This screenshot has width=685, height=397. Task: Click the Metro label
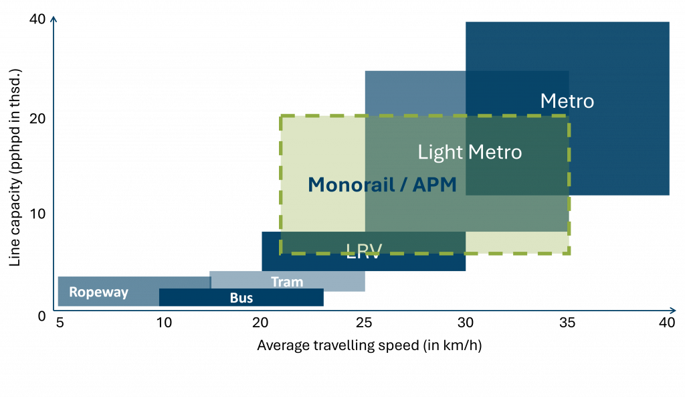tap(567, 101)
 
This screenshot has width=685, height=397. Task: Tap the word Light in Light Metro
tap(439, 152)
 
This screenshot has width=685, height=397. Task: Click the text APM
tap(434, 185)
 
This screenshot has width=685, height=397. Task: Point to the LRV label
tap(364, 252)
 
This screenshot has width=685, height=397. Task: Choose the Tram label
tap(287, 282)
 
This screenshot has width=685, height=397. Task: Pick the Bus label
tap(241, 298)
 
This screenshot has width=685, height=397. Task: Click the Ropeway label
tap(98, 293)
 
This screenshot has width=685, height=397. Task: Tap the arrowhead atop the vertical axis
tap(54, 18)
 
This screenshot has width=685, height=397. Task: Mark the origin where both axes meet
tap(54, 310)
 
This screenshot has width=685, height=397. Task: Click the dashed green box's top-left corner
tap(280, 116)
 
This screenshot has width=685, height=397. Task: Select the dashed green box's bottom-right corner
tap(569, 254)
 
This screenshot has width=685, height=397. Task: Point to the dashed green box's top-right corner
tap(569, 116)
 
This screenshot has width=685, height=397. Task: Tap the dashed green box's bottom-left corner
tap(280, 254)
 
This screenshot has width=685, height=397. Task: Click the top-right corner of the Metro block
tap(669, 22)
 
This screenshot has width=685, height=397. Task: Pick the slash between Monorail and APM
tap(403, 185)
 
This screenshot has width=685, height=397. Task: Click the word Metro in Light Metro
tap(495, 152)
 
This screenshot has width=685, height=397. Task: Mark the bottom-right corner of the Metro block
tap(669, 195)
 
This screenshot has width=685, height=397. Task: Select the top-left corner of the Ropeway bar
tap(58, 277)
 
